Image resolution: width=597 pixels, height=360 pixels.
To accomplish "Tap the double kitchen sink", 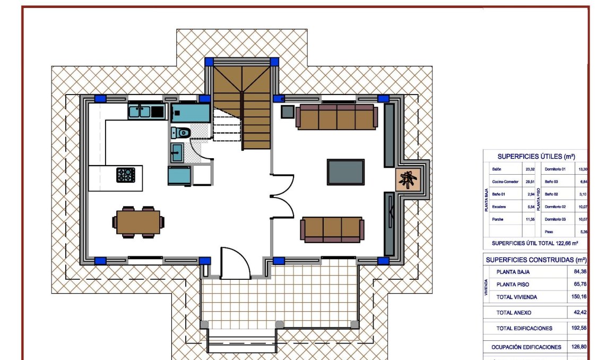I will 140,112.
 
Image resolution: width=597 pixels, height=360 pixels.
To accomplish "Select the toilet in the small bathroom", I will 181,132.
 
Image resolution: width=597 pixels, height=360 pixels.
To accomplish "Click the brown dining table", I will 138,222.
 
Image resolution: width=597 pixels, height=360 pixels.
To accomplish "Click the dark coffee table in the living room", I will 345,172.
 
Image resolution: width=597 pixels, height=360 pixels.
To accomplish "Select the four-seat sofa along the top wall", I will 336,117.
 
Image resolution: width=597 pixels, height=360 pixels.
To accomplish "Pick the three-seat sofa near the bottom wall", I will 332,228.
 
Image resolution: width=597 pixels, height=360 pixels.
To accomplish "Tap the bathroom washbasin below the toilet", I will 177,152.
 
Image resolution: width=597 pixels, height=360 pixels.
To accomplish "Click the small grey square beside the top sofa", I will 288,112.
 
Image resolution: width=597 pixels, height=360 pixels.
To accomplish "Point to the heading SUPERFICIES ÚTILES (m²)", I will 536,157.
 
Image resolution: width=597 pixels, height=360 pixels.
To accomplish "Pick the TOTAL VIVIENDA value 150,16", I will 579,297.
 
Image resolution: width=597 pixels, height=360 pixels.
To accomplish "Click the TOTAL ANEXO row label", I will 513,313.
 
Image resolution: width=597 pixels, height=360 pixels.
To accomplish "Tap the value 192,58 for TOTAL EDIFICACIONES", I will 579,328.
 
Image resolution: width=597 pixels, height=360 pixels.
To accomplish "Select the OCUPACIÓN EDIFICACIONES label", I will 525,347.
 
